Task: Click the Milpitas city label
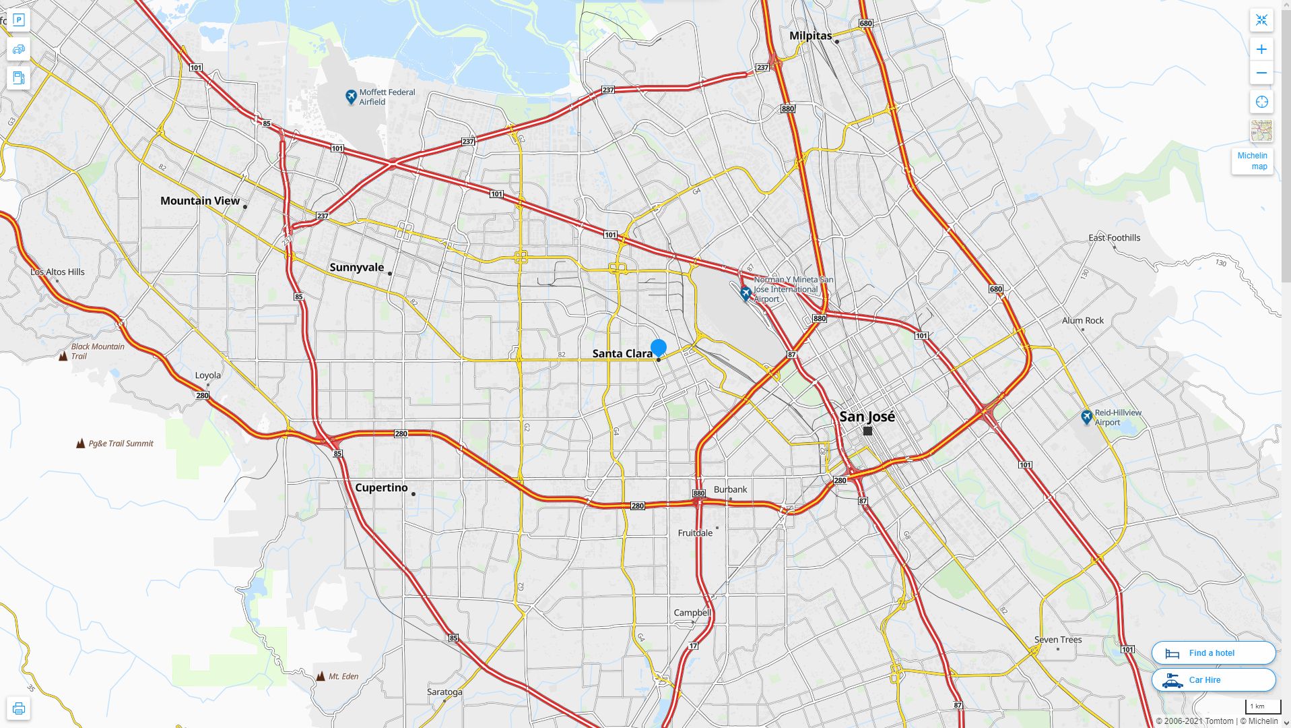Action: (810, 36)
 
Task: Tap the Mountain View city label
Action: (200, 201)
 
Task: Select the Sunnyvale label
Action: (356, 268)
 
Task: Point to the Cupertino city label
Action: (381, 488)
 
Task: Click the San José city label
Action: (867, 417)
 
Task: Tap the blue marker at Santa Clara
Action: (659, 348)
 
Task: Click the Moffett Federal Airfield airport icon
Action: (351, 97)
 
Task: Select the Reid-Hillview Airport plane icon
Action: (1086, 417)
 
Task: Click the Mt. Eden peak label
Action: (343, 676)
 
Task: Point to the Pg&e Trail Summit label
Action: (121, 444)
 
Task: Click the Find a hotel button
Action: (1213, 653)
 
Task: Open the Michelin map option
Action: (1252, 161)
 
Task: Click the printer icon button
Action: (19, 708)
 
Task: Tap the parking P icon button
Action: (19, 20)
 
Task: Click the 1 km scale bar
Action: (1262, 707)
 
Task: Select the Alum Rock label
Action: (1082, 321)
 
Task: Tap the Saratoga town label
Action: (444, 692)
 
